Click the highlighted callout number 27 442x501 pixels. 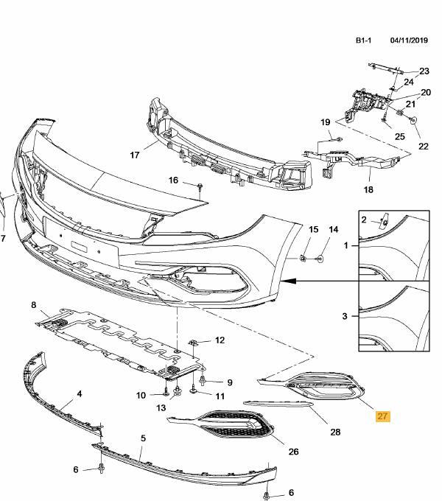[x=382, y=417]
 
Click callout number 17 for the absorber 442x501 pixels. [x=134, y=155]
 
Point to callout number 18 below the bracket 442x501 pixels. [x=368, y=189]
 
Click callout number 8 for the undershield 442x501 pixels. [x=32, y=304]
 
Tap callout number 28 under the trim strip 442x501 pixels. [x=335, y=432]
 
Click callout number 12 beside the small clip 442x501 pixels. [x=219, y=340]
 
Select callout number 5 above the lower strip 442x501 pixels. [x=143, y=438]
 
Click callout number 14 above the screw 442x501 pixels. [x=332, y=230]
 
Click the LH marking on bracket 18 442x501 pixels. [x=338, y=158]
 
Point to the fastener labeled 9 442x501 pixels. [x=204, y=382]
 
